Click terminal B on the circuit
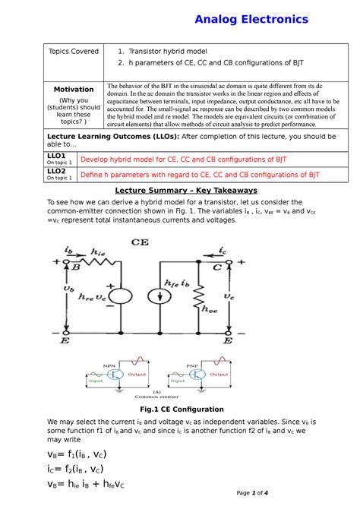[76, 267]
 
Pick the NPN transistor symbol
[116, 373]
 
